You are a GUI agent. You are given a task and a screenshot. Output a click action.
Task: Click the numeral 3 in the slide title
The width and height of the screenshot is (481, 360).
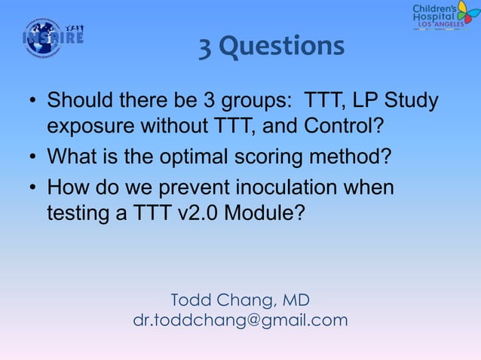point(205,47)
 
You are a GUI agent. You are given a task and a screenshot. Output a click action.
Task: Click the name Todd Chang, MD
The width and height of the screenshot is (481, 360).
point(240,301)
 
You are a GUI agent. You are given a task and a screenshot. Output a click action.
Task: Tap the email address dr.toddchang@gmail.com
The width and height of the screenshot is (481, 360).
point(240,320)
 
